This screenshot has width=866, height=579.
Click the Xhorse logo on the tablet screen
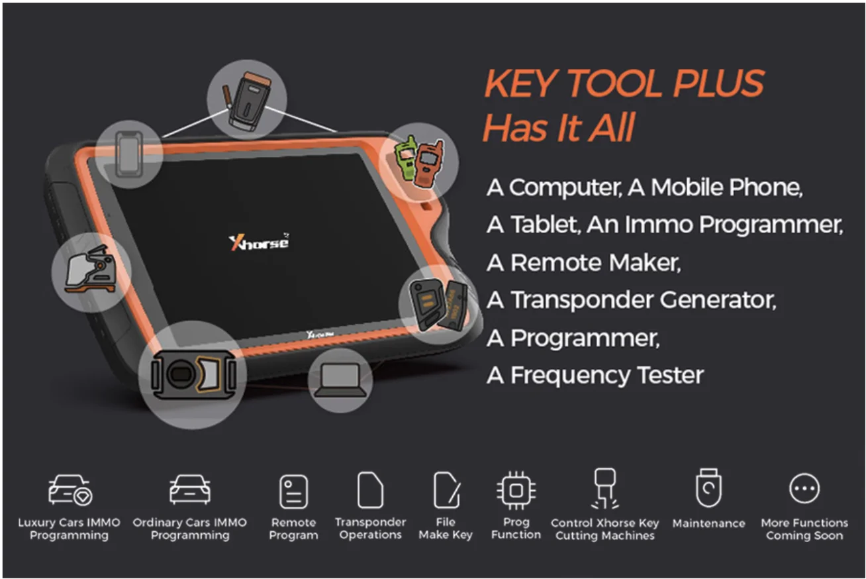(x=259, y=242)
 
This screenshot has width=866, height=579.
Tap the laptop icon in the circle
(x=340, y=381)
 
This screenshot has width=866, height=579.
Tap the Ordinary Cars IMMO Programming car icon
(x=190, y=491)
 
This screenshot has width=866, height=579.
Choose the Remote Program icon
(x=294, y=492)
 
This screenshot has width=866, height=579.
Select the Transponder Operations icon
(x=370, y=490)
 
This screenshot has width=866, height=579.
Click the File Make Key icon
(x=446, y=491)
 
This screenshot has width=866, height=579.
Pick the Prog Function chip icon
(x=516, y=491)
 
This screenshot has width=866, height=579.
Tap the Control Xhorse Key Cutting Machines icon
(x=605, y=489)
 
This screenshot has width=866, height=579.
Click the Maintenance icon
(x=708, y=489)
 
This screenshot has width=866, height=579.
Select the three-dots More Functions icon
(x=804, y=490)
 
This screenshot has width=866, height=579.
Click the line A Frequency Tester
(x=595, y=376)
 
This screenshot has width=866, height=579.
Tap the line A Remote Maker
(x=583, y=263)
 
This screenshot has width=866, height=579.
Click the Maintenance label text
(x=708, y=523)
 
